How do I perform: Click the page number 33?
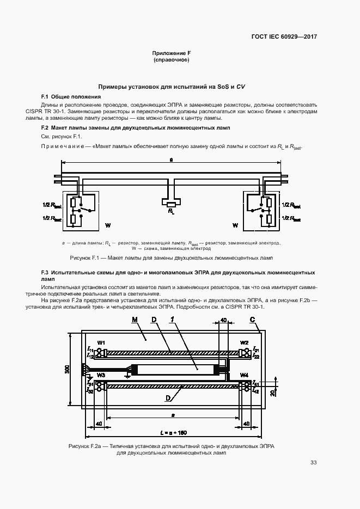313,463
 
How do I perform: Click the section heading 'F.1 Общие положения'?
68,96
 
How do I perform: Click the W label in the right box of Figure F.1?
235,225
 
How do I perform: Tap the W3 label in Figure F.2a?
101,375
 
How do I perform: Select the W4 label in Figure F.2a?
244,375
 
